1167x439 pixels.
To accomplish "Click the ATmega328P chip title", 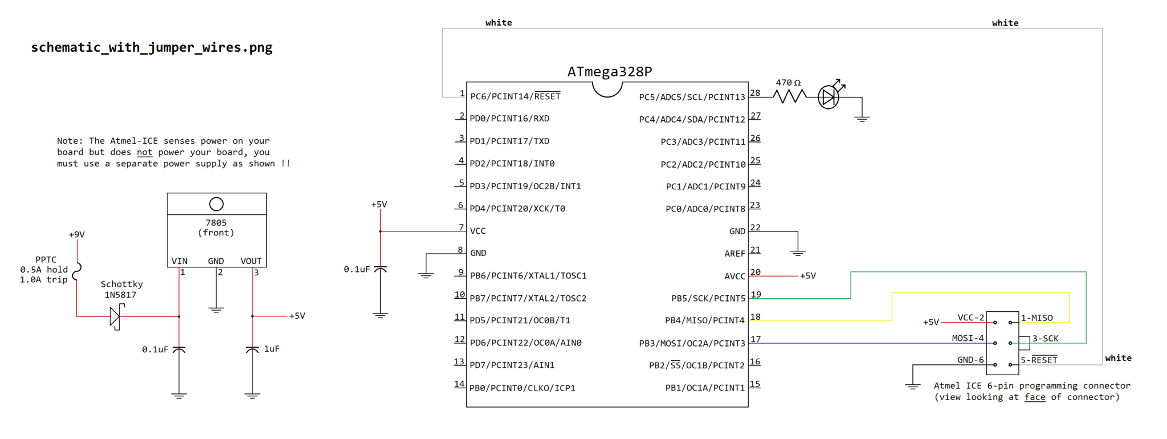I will click(x=609, y=72).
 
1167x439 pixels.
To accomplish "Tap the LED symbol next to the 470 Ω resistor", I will click(x=828, y=97).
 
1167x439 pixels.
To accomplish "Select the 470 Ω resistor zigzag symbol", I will click(x=789, y=97).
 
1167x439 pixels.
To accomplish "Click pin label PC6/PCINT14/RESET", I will click(x=515, y=96).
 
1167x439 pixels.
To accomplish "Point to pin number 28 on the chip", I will click(x=755, y=93).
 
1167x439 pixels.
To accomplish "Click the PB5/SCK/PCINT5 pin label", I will click(x=708, y=298).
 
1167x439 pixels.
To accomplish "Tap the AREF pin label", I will click(x=735, y=254).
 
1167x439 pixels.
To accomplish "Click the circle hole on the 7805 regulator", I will click(x=217, y=204).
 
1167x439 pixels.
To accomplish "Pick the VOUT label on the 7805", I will click(x=251, y=261).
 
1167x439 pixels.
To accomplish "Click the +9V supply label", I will click(x=76, y=234).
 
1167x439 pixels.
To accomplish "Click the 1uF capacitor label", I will click(x=272, y=348).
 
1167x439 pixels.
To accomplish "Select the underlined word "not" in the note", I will click(x=144, y=152).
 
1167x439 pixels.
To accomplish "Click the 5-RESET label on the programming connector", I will click(x=1039, y=360).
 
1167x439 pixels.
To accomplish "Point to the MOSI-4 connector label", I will click(x=968, y=338).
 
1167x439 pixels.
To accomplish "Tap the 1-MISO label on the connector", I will click(x=1037, y=318).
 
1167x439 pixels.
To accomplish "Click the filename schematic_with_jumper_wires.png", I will click(x=152, y=47).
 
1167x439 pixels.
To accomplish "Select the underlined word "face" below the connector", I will click(x=1035, y=397).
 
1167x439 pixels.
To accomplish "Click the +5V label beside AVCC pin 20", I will click(x=808, y=276).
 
